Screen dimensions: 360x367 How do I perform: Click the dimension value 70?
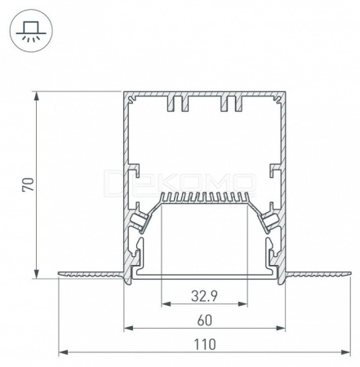coord(29,184)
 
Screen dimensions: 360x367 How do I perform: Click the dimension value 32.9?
coord(204,296)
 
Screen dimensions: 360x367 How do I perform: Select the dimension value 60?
coord(205,321)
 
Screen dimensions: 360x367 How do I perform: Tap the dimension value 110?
coord(205,344)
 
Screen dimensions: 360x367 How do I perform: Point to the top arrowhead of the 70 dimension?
coord(36,96)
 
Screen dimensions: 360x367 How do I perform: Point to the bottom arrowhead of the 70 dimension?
coord(36,274)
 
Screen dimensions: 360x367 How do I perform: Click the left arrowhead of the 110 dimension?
coord(63,352)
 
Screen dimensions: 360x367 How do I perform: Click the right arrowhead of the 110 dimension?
coord(345,352)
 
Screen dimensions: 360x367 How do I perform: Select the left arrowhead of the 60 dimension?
coord(128,328)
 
